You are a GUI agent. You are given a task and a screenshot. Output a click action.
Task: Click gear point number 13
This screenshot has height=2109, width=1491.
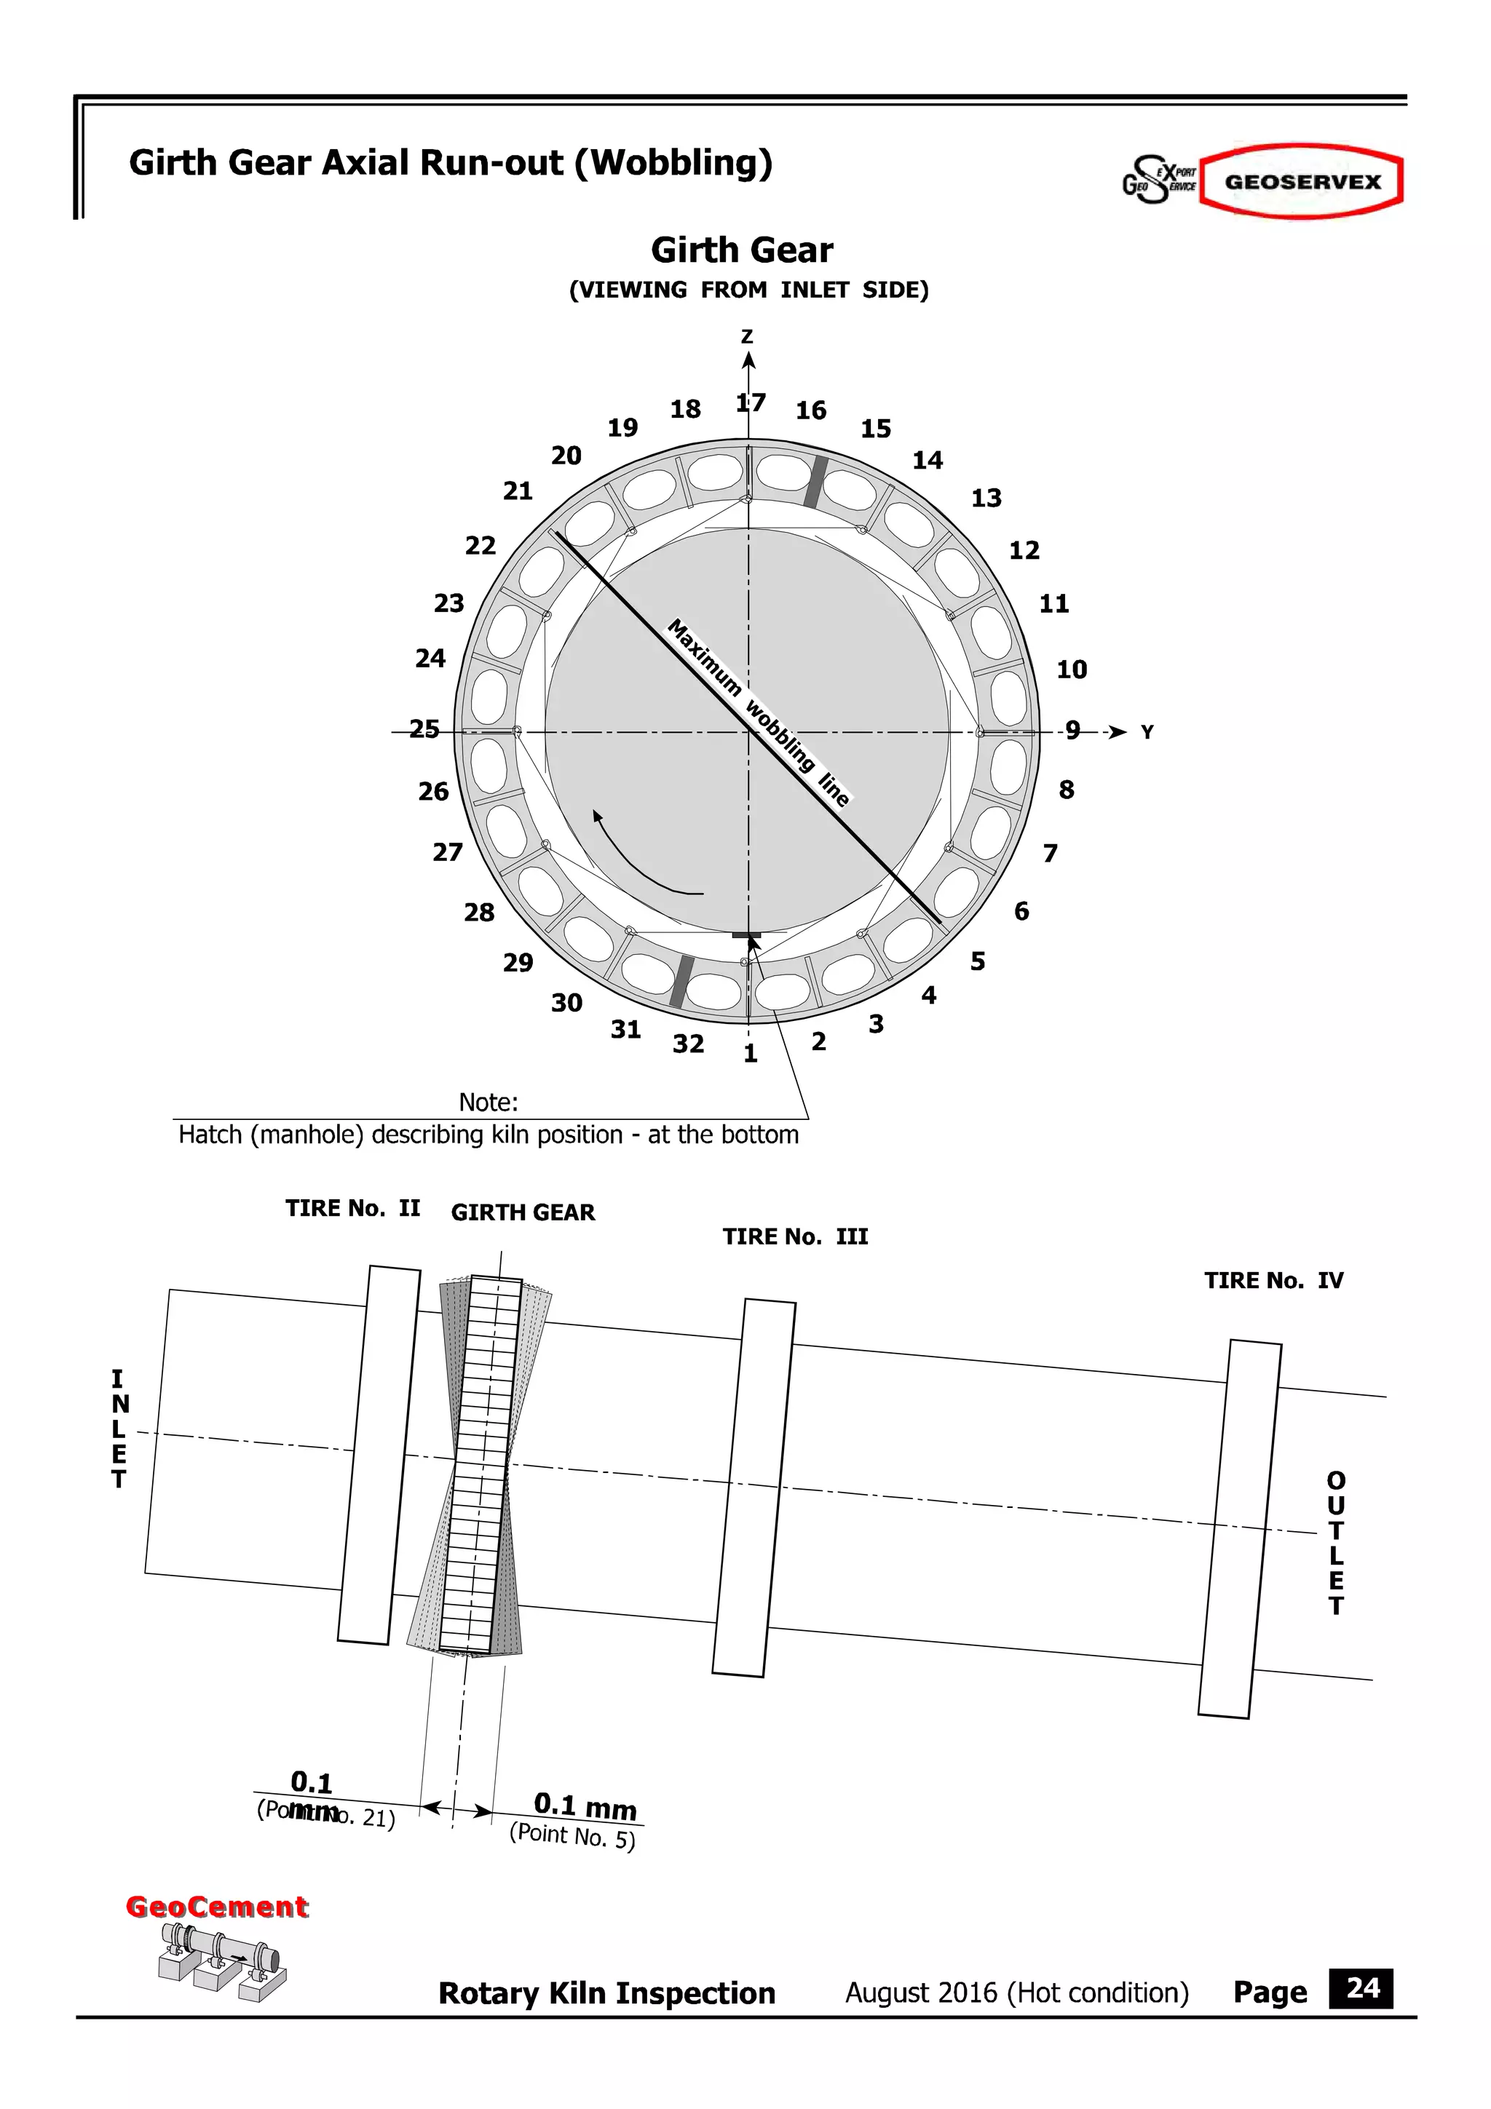[x=986, y=498]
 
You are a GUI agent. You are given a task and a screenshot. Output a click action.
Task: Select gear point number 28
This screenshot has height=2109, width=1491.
[x=478, y=912]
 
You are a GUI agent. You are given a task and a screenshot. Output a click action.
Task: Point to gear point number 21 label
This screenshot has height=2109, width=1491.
[x=517, y=490]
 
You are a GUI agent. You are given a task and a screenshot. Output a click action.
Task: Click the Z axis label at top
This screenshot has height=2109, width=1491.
[x=747, y=337]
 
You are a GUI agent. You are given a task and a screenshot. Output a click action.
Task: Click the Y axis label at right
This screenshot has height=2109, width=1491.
[x=1147, y=732]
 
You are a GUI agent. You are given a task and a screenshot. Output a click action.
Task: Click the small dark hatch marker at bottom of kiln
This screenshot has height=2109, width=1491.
[x=747, y=935]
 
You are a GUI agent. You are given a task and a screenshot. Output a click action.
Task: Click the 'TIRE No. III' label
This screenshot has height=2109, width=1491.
[x=795, y=1236]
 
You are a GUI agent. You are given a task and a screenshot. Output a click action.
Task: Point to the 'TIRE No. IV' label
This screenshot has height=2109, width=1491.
[x=1273, y=1281]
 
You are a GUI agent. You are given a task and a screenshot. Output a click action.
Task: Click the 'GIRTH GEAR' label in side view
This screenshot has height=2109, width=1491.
[x=523, y=1212]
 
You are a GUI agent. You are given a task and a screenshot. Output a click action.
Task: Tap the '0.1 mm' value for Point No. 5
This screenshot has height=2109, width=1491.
[x=585, y=1807]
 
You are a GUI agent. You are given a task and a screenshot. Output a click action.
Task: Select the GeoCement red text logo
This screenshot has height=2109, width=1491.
[x=217, y=1907]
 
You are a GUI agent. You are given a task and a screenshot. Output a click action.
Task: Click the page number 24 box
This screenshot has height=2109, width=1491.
[x=1361, y=1990]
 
